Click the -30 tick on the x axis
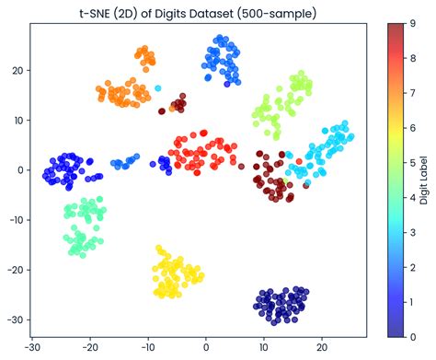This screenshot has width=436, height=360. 33,348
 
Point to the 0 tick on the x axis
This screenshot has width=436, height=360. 206,348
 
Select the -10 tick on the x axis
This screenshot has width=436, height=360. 148,348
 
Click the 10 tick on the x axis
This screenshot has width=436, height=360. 264,348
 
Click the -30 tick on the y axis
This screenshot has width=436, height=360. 15,319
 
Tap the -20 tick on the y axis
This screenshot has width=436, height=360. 15,270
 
